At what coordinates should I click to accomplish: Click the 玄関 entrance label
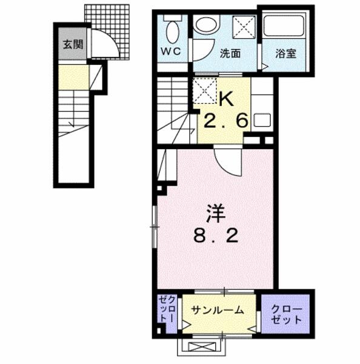73,44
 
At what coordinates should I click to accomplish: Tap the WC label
171,51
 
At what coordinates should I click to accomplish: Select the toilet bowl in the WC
173,32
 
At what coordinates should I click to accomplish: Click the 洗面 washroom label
230,53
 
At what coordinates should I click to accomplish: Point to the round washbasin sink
207,24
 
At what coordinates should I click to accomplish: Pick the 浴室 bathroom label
285,53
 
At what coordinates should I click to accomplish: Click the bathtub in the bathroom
284,25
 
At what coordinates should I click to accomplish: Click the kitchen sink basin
262,120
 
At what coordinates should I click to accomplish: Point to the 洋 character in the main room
215,213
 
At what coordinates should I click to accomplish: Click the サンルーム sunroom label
218,310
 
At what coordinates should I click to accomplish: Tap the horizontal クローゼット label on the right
287,314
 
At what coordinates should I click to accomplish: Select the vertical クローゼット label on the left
166,309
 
